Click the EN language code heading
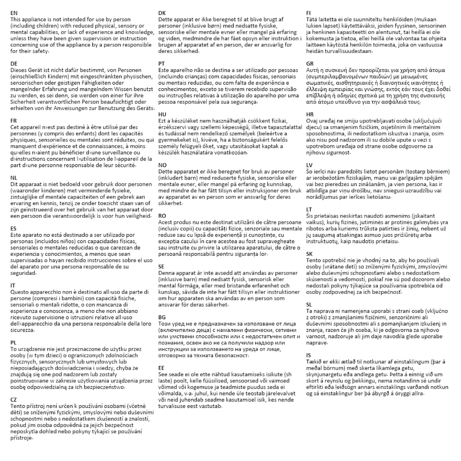14,13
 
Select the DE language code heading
14,64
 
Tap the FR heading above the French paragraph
14,121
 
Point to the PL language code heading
14,343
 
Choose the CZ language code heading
14,399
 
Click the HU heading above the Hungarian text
162,114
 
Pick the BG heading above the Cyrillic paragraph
162,317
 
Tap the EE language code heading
162,368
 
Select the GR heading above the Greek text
310,64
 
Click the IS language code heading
308,355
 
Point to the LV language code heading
309,165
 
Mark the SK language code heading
309,254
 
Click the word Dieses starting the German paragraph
19,70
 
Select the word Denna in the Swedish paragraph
167,273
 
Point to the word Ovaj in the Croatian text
312,121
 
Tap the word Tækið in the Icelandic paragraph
314,362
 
